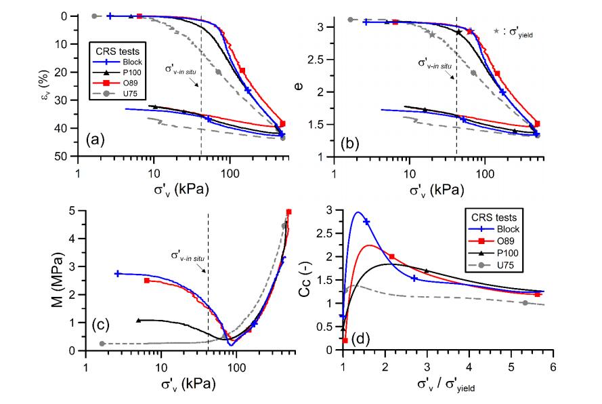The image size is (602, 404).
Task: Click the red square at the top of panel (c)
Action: [x=289, y=212]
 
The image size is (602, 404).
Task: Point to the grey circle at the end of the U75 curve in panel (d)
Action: [x=525, y=303]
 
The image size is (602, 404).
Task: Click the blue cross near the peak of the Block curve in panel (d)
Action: [x=367, y=222]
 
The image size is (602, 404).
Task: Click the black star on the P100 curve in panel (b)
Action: [x=458, y=32]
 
